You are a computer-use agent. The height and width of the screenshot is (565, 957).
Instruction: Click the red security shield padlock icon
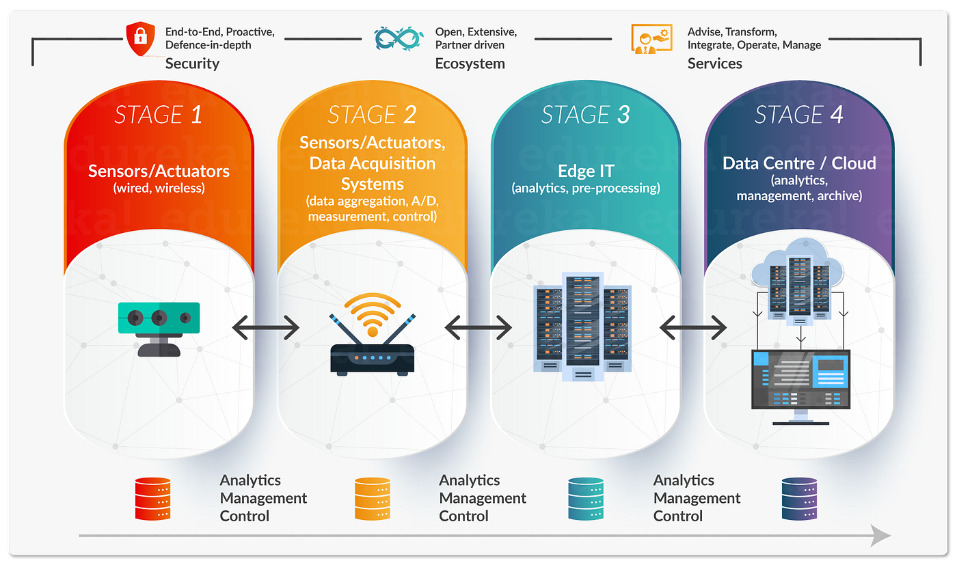[141, 40]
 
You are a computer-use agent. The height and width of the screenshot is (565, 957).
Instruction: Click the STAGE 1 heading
[158, 114]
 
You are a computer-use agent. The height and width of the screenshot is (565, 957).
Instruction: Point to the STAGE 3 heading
[585, 114]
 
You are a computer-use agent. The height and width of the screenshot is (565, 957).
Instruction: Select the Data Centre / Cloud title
[798, 163]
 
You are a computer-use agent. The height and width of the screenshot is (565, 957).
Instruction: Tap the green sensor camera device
[159, 318]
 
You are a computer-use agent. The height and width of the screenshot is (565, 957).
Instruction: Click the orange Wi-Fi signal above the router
[372, 311]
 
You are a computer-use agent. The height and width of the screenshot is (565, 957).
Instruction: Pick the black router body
[372, 359]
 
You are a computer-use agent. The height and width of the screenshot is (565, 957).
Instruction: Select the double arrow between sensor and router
[266, 329]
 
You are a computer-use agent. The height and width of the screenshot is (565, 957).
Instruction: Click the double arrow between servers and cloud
[692, 329]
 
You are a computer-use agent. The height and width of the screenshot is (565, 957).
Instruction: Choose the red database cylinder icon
[152, 499]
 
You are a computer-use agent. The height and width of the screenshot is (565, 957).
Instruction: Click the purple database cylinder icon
[799, 499]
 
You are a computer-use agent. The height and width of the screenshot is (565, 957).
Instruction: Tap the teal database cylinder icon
[586, 499]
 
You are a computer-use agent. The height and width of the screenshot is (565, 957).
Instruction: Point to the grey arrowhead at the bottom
[881, 536]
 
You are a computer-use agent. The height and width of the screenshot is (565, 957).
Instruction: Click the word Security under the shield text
[192, 64]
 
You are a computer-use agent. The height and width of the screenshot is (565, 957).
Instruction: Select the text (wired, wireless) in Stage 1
[159, 188]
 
